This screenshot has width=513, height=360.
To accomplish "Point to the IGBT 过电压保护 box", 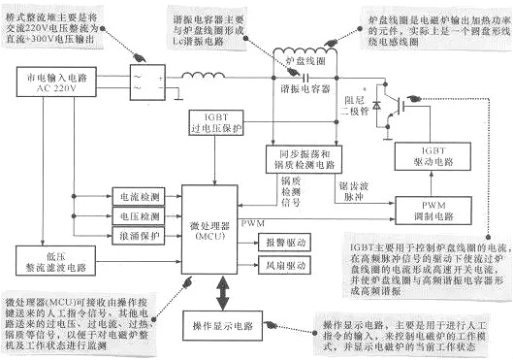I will [219, 123].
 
